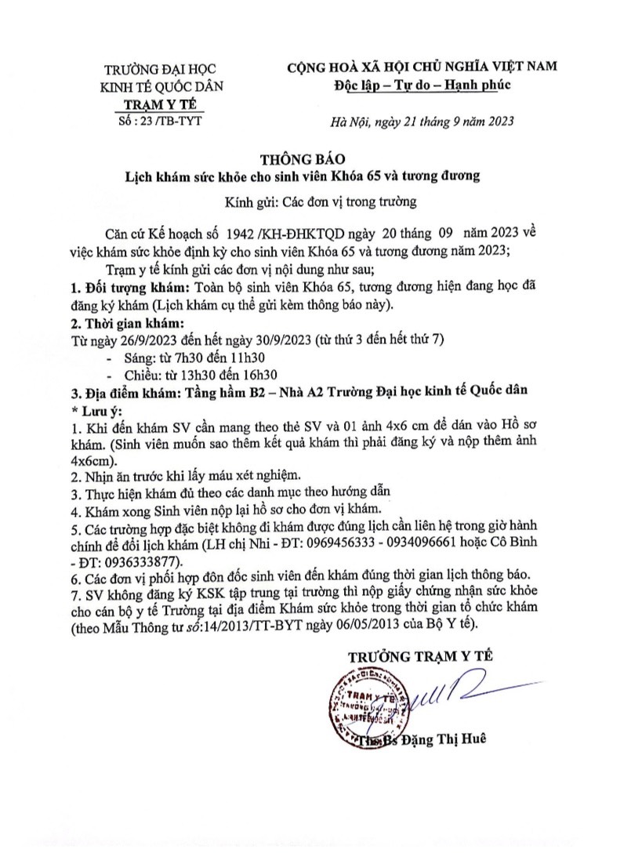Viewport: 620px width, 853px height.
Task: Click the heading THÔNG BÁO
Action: pos(308,157)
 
